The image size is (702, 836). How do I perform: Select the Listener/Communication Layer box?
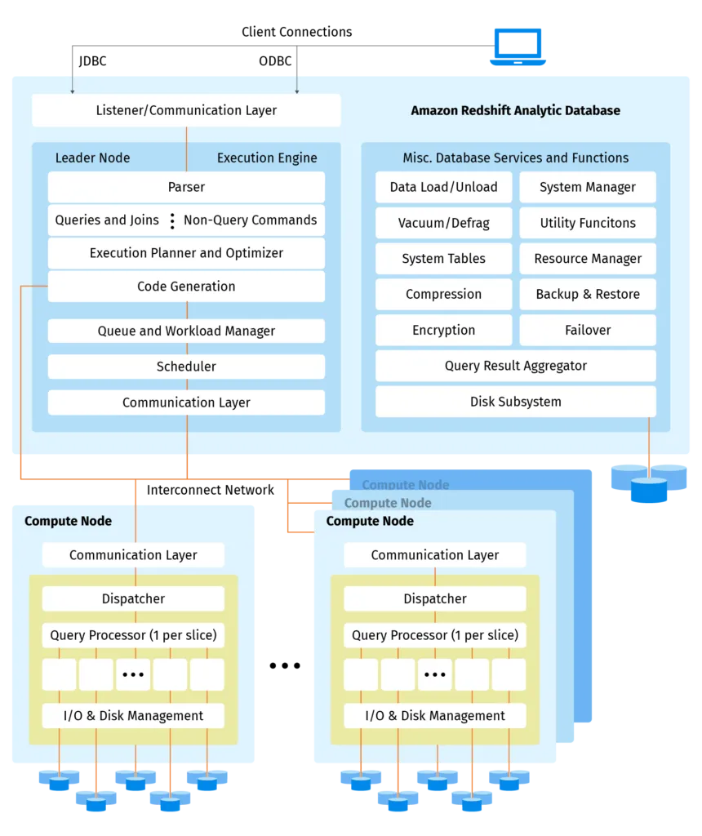[186, 110]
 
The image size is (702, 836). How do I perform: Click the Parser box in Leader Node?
[186, 187]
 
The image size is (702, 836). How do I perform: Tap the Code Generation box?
[186, 287]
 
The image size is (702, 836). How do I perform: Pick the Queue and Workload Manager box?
[186, 331]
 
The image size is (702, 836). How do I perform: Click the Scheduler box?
[186, 367]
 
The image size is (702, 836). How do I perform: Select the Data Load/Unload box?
[443, 187]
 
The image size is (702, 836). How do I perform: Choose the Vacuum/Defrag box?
[443, 223]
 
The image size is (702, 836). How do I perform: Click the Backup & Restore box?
[588, 294]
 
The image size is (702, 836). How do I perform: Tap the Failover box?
[588, 330]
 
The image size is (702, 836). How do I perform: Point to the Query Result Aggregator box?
[515, 366]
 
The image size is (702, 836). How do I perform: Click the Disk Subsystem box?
[515, 402]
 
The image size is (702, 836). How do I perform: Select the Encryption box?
[443, 330]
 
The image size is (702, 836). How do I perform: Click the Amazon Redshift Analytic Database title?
[515, 110]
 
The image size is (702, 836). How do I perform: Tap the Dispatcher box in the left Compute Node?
[133, 598]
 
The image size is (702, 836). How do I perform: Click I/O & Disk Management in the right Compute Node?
[434, 716]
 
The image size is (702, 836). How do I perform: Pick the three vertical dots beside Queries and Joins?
[172, 220]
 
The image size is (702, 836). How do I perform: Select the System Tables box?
[443, 259]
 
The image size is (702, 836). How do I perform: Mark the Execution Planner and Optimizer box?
[186, 253]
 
